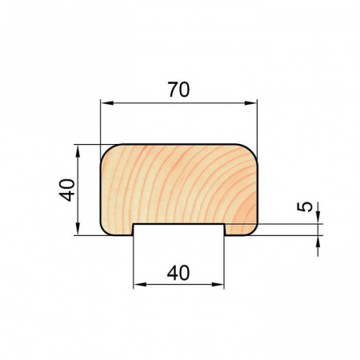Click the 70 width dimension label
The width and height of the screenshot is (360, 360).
point(178,90)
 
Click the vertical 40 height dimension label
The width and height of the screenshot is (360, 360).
point(66,190)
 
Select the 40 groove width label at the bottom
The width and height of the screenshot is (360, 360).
point(178,273)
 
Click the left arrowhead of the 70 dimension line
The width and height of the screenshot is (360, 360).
point(107,103)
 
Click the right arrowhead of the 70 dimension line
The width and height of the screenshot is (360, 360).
point(250,103)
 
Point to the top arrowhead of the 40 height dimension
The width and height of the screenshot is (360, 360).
point(78,151)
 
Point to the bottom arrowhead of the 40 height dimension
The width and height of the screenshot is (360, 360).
point(78,229)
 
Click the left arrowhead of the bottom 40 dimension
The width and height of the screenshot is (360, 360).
point(140,285)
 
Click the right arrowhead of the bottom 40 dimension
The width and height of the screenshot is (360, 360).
point(218,285)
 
